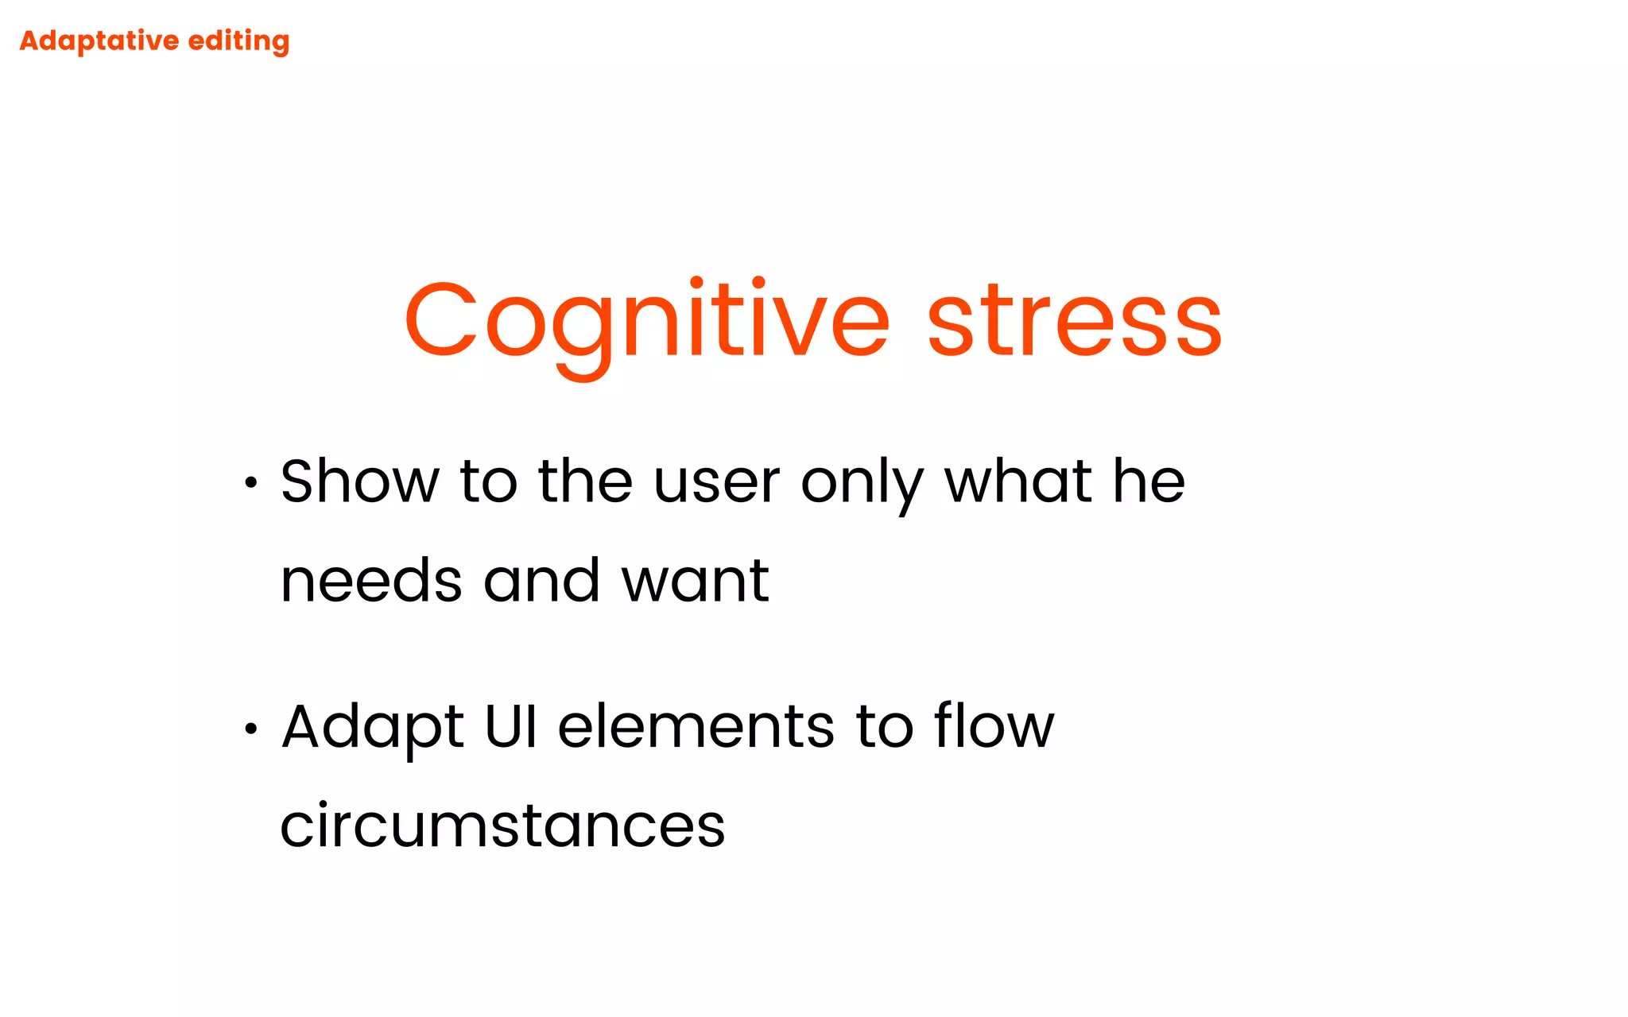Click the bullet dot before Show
251,482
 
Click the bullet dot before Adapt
251,728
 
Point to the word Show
359,481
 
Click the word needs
371,581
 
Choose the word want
695,581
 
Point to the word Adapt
372,728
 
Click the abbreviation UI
511,726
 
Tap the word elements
696,727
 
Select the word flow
994,726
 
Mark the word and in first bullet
541,581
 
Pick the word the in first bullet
585,481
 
